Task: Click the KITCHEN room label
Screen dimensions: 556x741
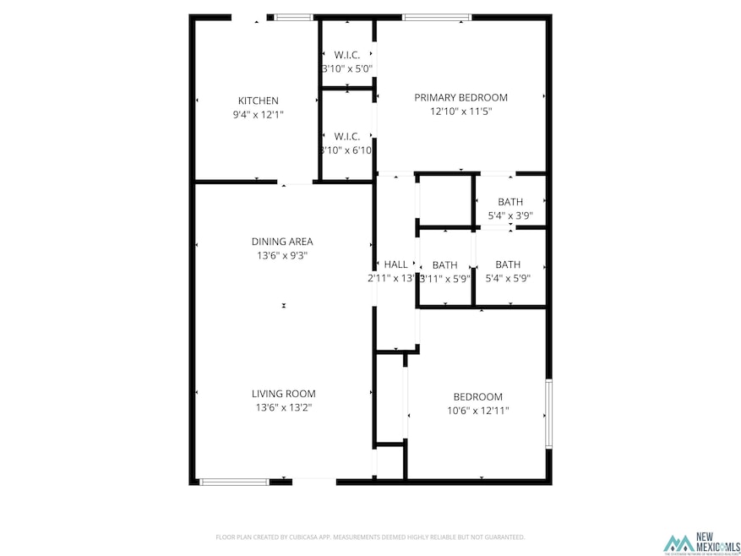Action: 258,101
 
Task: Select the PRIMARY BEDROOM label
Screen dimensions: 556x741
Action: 460,98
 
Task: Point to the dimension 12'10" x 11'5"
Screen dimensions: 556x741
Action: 460,111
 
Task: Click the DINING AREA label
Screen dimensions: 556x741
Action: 282,242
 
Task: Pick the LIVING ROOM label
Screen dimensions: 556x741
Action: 283,394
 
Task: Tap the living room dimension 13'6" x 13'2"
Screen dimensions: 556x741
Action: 283,407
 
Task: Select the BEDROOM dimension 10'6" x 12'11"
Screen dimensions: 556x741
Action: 478,411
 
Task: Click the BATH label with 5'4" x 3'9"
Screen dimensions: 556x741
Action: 510,202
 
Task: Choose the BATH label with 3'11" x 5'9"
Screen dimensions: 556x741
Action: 445,264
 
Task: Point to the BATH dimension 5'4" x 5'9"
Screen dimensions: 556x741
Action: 509,278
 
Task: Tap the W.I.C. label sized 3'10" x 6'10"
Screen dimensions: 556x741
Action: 347,136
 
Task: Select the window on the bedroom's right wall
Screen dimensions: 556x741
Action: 548,413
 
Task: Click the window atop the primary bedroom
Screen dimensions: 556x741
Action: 436,17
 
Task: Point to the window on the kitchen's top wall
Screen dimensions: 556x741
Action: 293,17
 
